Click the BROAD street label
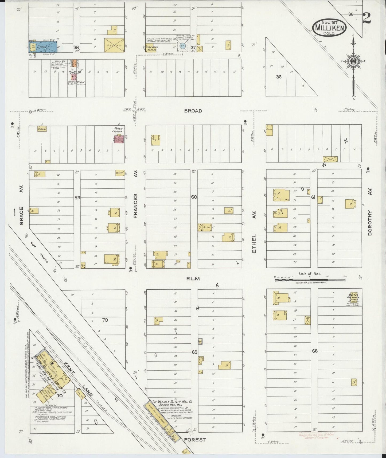[193, 111]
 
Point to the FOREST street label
[195, 440]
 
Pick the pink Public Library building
[119, 139]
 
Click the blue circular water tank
[182, 46]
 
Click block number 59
[77, 198]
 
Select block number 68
[315, 351]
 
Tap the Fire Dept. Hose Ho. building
[151, 48]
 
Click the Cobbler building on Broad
[43, 129]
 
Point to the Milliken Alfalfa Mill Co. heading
[172, 401]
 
